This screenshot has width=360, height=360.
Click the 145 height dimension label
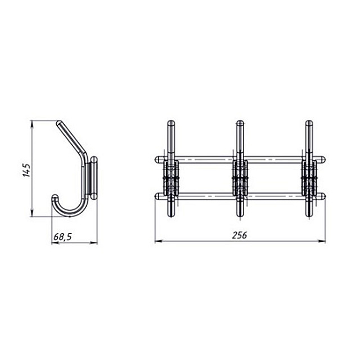tap(26, 170)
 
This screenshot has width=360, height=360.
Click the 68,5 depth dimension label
tap(62, 237)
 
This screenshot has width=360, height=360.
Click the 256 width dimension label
tap(240, 235)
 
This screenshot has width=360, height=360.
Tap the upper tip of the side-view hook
tap(58, 123)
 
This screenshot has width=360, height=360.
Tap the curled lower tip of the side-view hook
tap(55, 197)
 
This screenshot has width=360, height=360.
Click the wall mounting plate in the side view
tap(93, 178)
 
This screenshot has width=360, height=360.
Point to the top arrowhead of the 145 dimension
tap(32, 123)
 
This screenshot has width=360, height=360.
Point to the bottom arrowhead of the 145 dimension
tap(32, 213)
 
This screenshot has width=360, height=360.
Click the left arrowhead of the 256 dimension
tap(159, 241)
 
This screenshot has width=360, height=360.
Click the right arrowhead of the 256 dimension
tap(322, 241)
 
